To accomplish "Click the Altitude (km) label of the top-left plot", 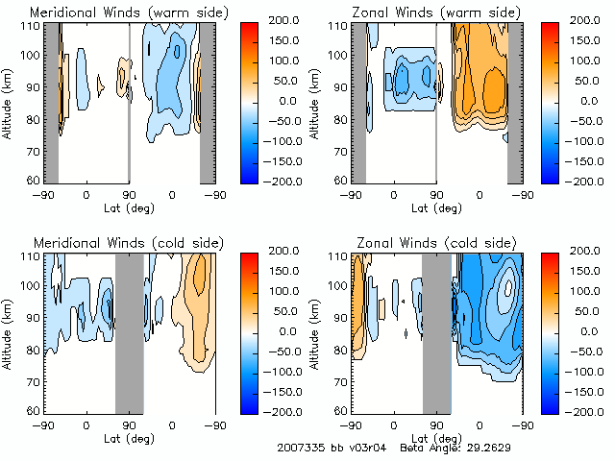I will click(x=8, y=102).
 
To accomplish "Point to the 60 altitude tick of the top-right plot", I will click(x=340, y=181).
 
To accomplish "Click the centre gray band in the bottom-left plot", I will click(x=129, y=333).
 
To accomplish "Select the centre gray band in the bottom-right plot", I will click(x=436, y=333).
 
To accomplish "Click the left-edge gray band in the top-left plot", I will click(x=52, y=103).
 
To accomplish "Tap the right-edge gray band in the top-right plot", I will click(x=515, y=103).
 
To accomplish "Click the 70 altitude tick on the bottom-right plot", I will click(x=340, y=379).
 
